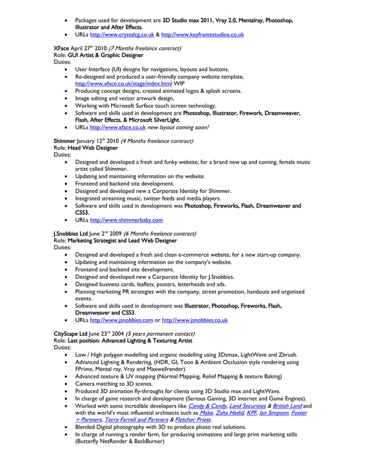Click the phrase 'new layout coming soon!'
[x=180, y=127]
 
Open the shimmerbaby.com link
[x=127, y=219]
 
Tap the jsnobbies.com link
[x=122, y=320]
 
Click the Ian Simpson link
[x=273, y=413]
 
